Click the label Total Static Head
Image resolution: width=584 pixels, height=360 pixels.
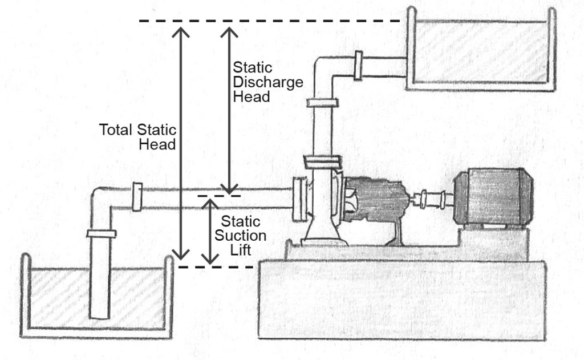(139, 137)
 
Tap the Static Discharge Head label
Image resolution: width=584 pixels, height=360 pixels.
(258, 82)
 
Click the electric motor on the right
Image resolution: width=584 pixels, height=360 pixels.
(493, 197)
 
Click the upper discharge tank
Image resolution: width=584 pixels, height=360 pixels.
(482, 51)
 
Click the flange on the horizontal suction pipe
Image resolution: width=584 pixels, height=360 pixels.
(137, 197)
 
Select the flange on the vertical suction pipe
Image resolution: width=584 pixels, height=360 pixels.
(101, 233)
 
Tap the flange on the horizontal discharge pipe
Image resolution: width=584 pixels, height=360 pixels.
(358, 66)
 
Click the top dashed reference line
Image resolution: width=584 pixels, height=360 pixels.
(268, 22)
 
